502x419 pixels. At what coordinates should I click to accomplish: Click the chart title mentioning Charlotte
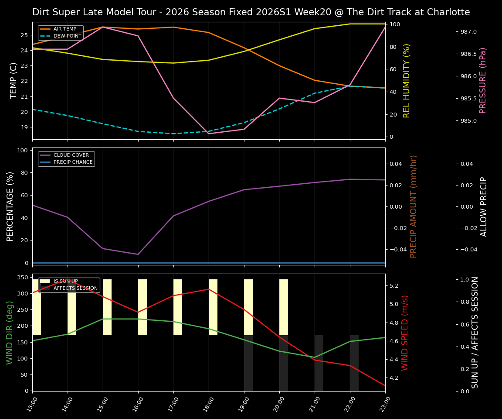[251, 12]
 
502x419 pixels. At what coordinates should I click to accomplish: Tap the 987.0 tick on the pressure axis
[466, 32]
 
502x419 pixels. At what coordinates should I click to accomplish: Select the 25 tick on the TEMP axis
[25, 35]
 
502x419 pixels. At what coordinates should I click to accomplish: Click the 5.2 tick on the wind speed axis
[394, 286]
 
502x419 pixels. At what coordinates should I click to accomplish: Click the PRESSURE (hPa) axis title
[483, 80]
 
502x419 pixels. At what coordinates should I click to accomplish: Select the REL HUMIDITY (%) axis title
[407, 80]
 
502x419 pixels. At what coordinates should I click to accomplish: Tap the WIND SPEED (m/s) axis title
[405, 333]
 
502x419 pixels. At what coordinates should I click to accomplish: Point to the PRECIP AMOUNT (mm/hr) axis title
[414, 206]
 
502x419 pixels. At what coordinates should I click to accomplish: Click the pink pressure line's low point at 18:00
[209, 134]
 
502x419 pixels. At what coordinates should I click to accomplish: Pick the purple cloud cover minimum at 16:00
[138, 254]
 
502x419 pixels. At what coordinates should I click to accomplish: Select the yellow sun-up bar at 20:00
[284, 307]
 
